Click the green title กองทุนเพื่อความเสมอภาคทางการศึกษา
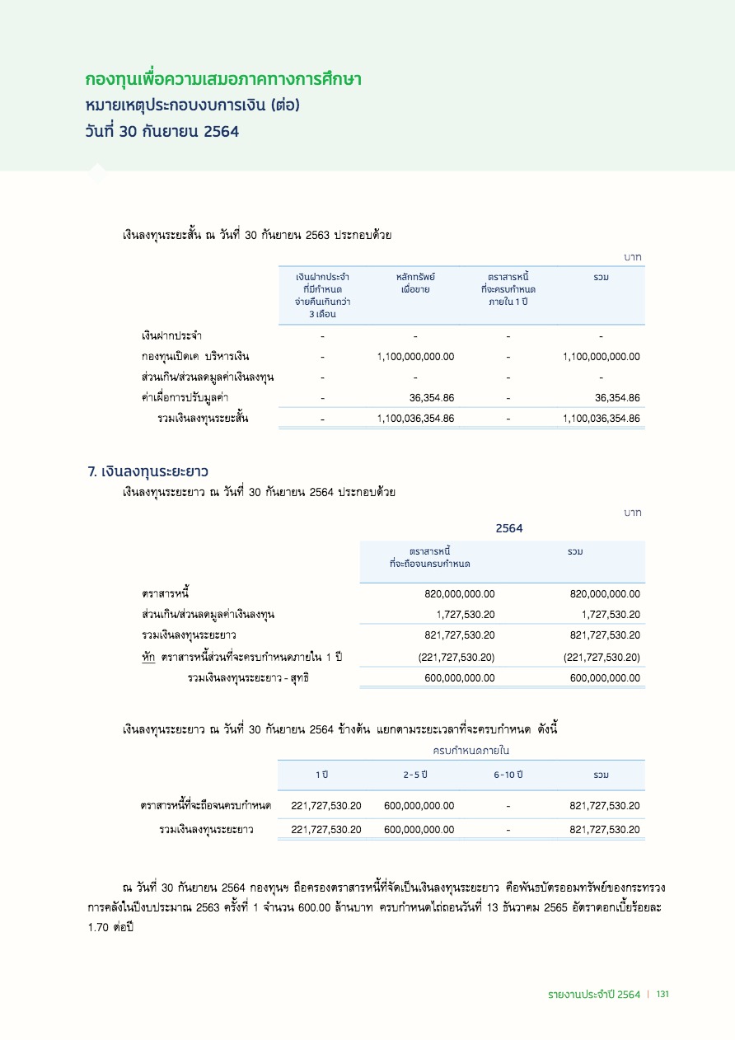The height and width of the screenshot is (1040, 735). pos(223,80)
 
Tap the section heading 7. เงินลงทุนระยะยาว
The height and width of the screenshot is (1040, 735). pos(147,472)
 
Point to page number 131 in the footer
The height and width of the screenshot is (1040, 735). pos(662,995)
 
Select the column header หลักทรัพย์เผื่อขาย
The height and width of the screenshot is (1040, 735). pos(415,283)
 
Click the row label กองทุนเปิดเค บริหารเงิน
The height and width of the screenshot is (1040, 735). pos(195,357)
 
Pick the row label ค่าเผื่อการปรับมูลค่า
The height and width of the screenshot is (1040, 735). pos(185,398)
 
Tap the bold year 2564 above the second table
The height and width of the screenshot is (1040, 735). pos(509,528)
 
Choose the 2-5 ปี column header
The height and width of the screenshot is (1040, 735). pos(415,775)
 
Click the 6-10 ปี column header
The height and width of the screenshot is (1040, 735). pos(508,775)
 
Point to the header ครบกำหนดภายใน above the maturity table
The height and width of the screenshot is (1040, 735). pos(471,751)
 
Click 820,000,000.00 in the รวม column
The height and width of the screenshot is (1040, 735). pos(605,593)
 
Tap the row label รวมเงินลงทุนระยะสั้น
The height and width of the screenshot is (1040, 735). pos(204,419)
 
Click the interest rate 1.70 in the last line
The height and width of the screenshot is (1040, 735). pos(99,926)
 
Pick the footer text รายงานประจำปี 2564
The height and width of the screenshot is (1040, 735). pos(593,995)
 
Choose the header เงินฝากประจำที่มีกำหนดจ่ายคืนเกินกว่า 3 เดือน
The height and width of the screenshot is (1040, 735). pos(322,295)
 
